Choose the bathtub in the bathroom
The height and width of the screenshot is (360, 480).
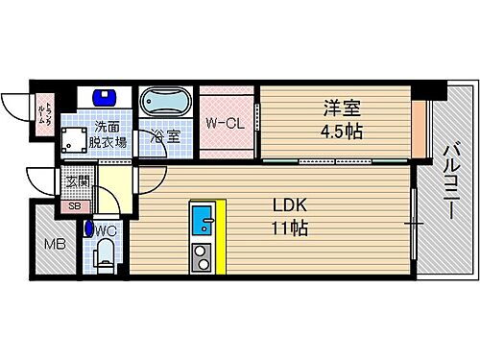(166, 103)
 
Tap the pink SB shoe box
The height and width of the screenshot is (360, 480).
(74, 204)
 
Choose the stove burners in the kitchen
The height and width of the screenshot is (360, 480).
(203, 256)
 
